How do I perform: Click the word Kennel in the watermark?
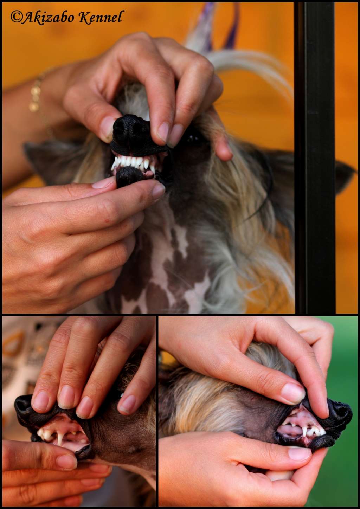point(101,17)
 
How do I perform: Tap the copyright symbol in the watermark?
point(16,17)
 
